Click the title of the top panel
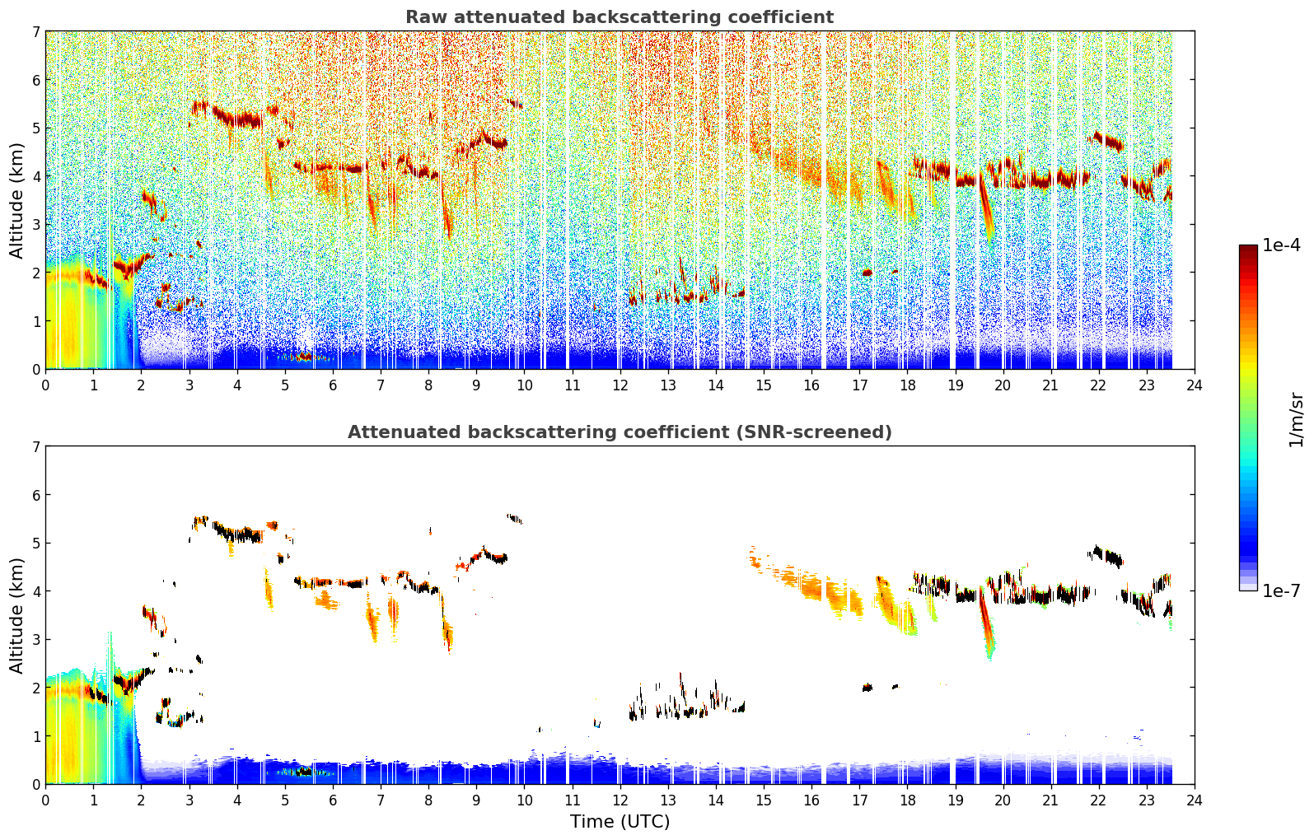coord(620,17)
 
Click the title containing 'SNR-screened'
coord(620,432)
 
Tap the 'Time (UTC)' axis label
coord(620,821)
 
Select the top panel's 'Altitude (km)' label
coord(16,201)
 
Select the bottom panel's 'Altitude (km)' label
coord(16,615)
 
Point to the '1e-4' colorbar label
coord(1281,245)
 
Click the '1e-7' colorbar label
coord(1281,590)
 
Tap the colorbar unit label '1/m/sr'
coord(1296,420)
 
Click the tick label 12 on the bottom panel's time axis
coord(620,800)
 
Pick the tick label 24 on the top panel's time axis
coord(1195,385)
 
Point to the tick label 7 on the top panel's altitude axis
coord(36,31)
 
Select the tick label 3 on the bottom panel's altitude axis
coord(36,639)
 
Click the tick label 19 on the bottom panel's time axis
coord(956,800)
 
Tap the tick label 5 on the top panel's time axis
coord(285,385)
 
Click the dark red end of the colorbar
coord(1248,249)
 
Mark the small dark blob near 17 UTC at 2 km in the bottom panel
coord(867,687)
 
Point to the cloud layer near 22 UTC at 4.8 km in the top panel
coord(1106,142)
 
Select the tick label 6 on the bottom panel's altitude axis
coord(36,495)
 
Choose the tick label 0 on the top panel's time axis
coord(46,385)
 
